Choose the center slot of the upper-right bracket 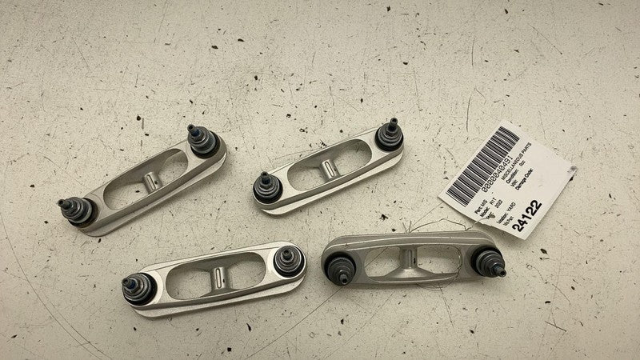[328, 163]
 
